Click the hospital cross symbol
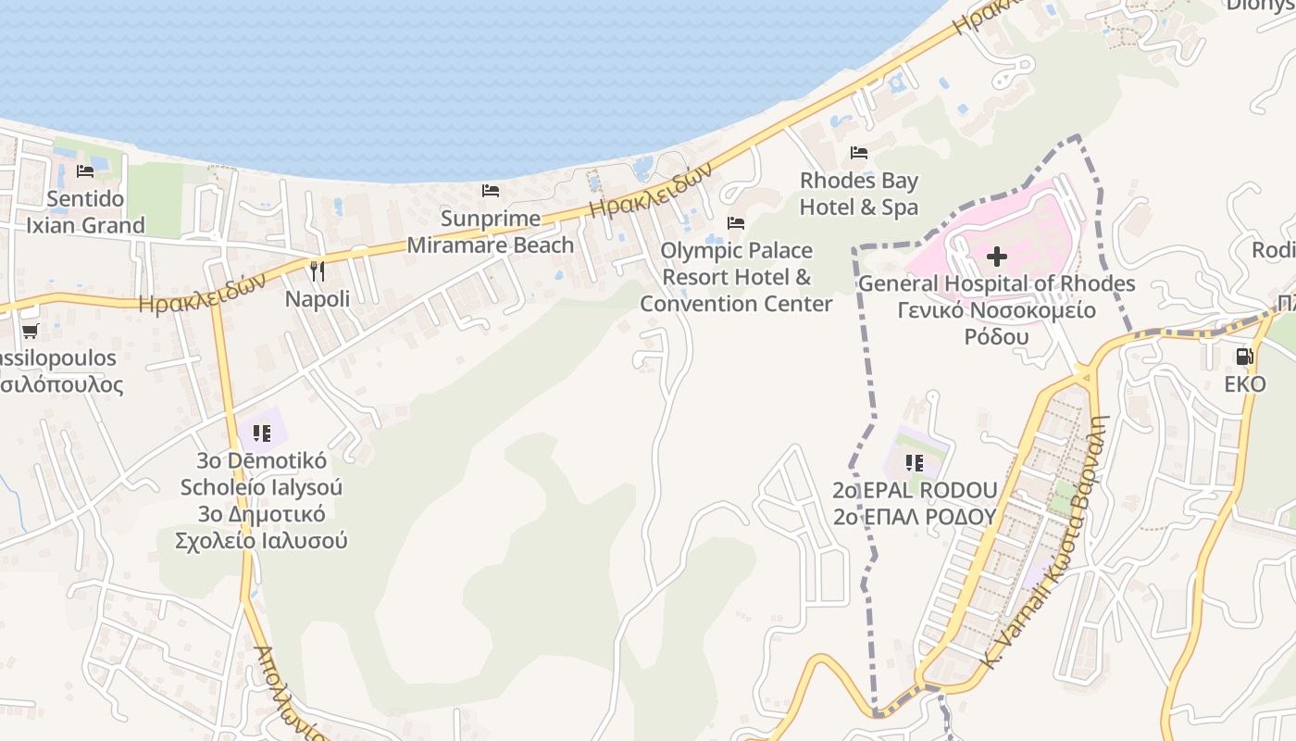(997, 256)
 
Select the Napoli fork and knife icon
(318, 271)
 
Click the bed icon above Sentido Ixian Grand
(85, 171)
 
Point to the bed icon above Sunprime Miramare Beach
(491, 191)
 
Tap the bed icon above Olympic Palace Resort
(736, 223)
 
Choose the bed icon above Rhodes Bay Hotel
(859, 153)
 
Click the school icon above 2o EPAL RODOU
(915, 462)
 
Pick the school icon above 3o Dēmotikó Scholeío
(261, 433)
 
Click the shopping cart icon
(30, 331)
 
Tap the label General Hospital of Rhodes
(997, 283)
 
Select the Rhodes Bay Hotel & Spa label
(859, 194)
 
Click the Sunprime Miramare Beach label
(491, 232)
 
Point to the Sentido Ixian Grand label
(85, 212)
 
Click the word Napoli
(318, 299)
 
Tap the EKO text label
(1245, 383)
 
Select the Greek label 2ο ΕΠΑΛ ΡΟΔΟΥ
(915, 517)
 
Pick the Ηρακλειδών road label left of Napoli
(203, 292)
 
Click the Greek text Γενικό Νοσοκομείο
(997, 310)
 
